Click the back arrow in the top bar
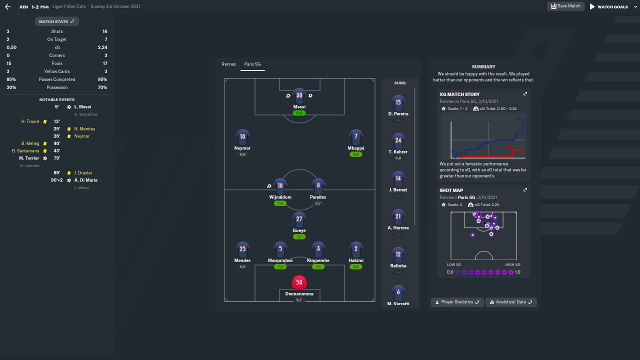[7, 7]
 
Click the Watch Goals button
[608, 6]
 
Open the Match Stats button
[57, 21]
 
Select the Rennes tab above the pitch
[229, 64]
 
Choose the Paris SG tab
[252, 64]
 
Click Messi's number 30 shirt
[299, 95]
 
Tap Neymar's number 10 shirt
[242, 136]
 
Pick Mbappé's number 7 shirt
[356, 136]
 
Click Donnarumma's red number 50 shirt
[299, 282]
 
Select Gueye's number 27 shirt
[299, 219]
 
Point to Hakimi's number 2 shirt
[356, 249]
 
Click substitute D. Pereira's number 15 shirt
[398, 102]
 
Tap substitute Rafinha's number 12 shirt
[398, 254]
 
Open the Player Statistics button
[457, 302]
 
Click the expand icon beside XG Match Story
[525, 94]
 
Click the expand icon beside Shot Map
[525, 190]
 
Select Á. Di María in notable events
[85, 180]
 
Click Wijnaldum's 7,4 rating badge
[279, 203]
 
